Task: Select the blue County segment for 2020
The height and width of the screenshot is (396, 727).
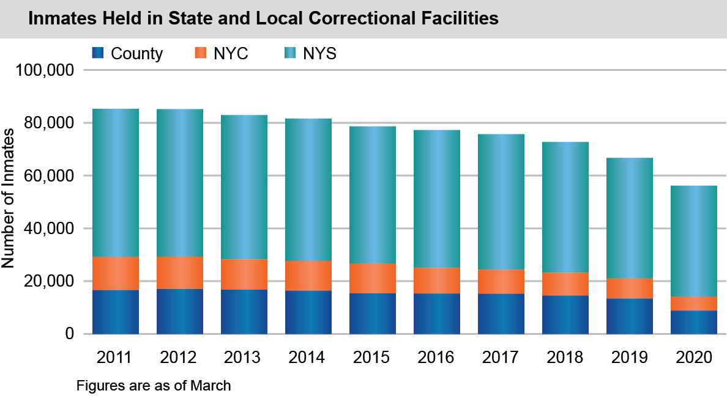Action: pyautogui.click(x=694, y=322)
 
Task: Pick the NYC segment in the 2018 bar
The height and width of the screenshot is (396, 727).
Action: pyautogui.click(x=565, y=284)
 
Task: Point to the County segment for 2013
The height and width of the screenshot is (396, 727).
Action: pyautogui.click(x=244, y=312)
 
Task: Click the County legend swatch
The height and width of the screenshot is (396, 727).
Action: pyautogui.click(x=98, y=54)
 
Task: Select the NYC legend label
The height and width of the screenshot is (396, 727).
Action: pyautogui.click(x=231, y=54)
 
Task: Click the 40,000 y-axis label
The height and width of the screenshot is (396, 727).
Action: pyautogui.click(x=48, y=229)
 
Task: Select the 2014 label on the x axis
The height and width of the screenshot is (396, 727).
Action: pyautogui.click(x=308, y=357)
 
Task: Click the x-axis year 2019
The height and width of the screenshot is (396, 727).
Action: pyautogui.click(x=630, y=357)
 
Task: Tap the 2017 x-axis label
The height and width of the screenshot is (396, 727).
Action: pyautogui.click(x=501, y=357)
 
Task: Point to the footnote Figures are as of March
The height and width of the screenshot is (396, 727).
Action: pyautogui.click(x=154, y=386)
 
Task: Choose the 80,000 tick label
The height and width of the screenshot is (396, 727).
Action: pyautogui.click(x=48, y=123)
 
